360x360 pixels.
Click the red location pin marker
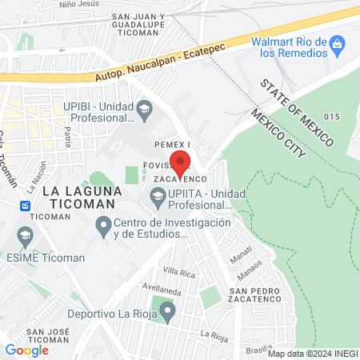pyautogui.click(x=181, y=163)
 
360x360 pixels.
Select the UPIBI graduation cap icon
pyautogui.click(x=144, y=107)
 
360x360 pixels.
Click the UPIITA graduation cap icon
pyautogui.click(x=158, y=194)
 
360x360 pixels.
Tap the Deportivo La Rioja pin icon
pyautogui.click(x=166, y=314)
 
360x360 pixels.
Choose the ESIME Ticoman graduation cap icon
pyautogui.click(x=25, y=235)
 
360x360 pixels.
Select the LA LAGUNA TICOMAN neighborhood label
pyautogui.click(x=82, y=198)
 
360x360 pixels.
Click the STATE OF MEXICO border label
pyautogui.click(x=295, y=113)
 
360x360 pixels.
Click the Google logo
pyautogui.click(x=26, y=350)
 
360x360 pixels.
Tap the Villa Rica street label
pyautogui.click(x=179, y=272)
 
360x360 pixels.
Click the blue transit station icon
pyautogui.click(x=26, y=206)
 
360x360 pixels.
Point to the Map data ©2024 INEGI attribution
pyautogui.click(x=313, y=354)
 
